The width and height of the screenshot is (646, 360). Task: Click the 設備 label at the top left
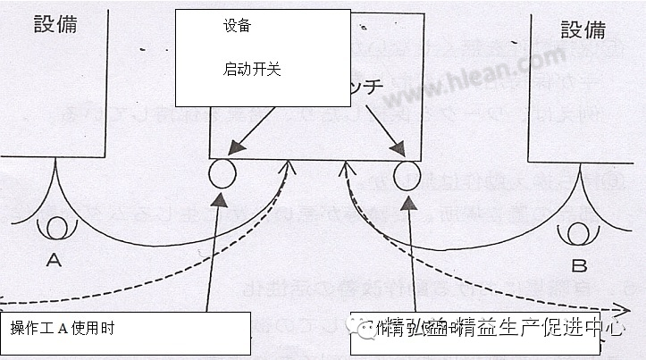click(x=55, y=23)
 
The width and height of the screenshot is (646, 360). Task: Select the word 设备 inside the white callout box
click(x=238, y=25)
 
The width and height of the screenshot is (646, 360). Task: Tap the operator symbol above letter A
click(x=58, y=228)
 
